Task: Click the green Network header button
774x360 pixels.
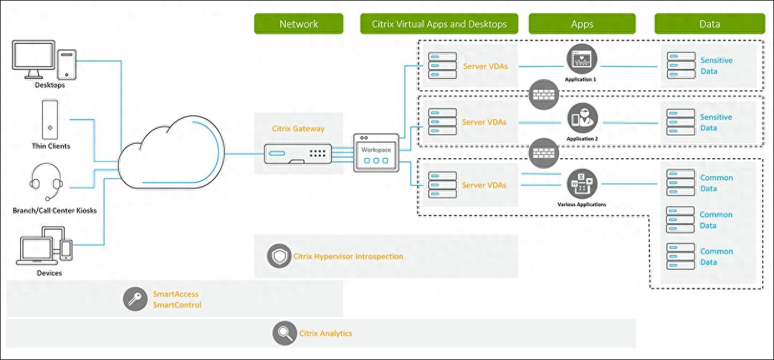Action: pyautogui.click(x=299, y=24)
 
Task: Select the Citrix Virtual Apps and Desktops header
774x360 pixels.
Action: pyautogui.click(x=439, y=24)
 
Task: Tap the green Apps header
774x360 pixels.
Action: pyautogui.click(x=582, y=24)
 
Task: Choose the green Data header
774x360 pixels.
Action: pyautogui.click(x=709, y=24)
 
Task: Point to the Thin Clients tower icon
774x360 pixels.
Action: pyautogui.click(x=50, y=120)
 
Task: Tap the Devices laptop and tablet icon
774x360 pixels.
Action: pyautogui.click(x=47, y=245)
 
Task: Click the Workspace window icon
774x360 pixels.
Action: pyautogui.click(x=376, y=153)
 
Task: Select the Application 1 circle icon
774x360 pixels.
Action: pyautogui.click(x=581, y=59)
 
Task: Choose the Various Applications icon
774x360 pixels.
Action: pyautogui.click(x=581, y=184)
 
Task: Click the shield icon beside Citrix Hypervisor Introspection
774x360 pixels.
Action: pyautogui.click(x=279, y=256)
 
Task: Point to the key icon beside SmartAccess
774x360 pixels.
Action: pyautogui.click(x=135, y=300)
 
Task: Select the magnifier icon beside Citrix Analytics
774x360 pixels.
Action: pyautogui.click(x=284, y=333)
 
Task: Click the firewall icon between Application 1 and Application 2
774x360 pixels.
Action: pyautogui.click(x=543, y=94)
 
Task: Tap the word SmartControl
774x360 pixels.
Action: pyautogui.click(x=177, y=305)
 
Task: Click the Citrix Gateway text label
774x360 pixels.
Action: pyautogui.click(x=298, y=129)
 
